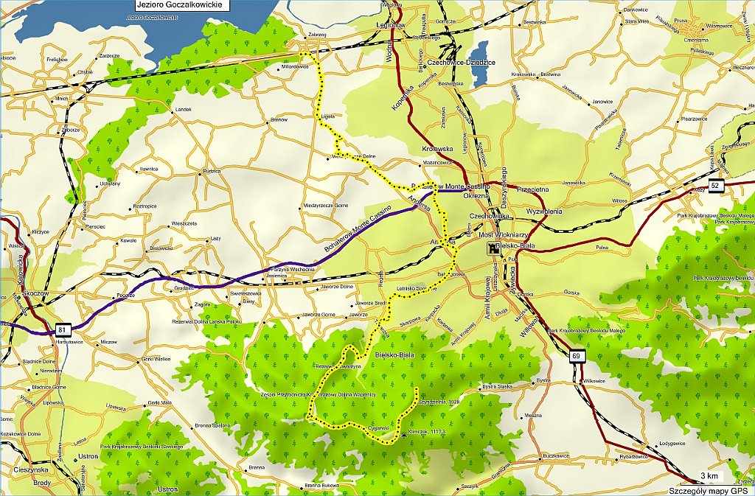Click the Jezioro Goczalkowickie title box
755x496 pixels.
pos(179,4)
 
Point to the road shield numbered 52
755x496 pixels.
pos(715,185)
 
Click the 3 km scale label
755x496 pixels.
pos(709,475)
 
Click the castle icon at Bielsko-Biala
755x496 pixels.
pos(491,251)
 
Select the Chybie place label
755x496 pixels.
pos(85,72)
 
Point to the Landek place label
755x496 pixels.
pos(182,110)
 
